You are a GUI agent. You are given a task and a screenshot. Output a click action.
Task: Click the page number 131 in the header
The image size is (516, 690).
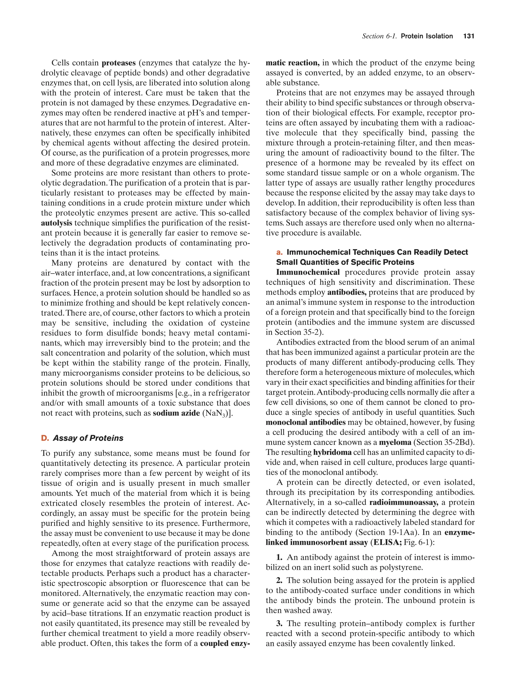point(469,36)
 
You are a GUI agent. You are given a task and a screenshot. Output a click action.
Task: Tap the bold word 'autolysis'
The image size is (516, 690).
point(56,223)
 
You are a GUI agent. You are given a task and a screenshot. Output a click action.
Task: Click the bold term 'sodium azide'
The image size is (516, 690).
point(176,413)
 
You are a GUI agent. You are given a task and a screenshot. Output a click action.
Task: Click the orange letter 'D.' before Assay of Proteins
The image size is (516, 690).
point(45,438)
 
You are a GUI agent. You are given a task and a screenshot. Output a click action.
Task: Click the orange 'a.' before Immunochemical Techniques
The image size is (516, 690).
point(279,252)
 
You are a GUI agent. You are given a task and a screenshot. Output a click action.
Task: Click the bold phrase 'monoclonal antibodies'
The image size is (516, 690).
point(306,422)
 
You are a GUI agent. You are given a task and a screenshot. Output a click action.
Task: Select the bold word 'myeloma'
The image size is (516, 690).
point(395,442)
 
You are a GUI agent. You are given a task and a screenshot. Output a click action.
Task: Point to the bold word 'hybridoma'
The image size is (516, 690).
point(332,452)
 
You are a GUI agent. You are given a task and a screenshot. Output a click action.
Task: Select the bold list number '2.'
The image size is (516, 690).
point(279,580)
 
